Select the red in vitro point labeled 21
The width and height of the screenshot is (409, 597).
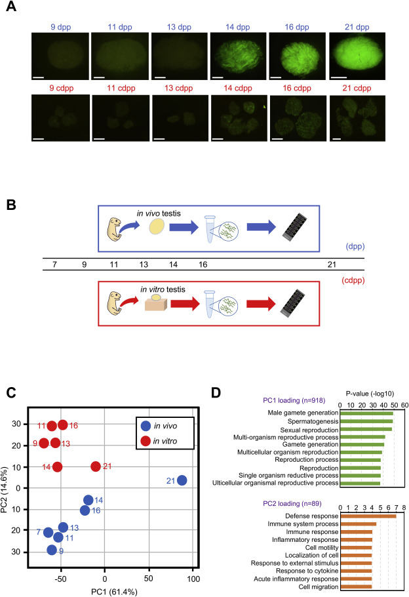point(96,466)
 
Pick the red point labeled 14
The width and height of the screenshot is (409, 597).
point(57,467)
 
